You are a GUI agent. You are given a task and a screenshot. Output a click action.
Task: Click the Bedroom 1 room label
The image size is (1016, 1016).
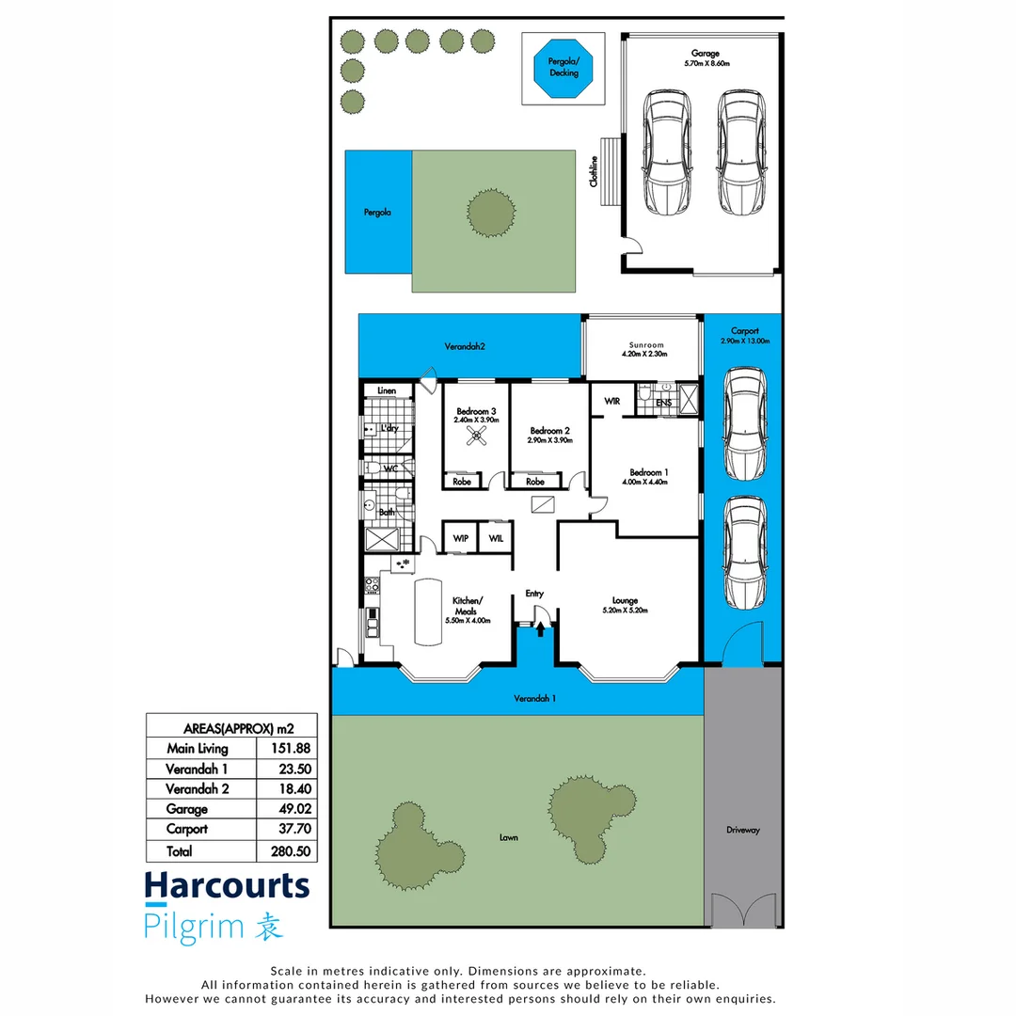click(649, 471)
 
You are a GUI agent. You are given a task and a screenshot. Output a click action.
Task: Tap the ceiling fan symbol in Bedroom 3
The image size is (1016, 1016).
click(478, 435)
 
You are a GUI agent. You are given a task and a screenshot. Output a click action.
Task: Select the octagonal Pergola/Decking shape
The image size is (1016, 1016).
click(563, 67)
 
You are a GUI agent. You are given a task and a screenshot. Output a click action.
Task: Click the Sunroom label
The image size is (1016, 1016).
click(643, 344)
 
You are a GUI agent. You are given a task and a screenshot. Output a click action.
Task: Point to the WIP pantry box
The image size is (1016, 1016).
click(461, 538)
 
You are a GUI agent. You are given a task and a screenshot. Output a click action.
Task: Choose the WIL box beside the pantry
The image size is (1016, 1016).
click(496, 538)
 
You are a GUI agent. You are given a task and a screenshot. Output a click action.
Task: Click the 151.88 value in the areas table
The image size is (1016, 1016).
click(291, 749)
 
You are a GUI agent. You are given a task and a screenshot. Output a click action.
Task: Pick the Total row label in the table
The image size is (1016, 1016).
click(179, 851)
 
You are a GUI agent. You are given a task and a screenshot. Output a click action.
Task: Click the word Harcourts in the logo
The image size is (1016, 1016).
click(226, 885)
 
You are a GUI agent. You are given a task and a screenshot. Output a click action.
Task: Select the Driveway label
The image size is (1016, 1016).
click(742, 830)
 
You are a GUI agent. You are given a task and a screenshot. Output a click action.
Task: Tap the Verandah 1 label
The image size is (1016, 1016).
click(533, 699)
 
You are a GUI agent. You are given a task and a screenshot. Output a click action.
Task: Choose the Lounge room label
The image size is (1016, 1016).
click(625, 600)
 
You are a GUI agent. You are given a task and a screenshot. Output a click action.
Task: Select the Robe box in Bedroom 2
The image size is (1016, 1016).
click(535, 482)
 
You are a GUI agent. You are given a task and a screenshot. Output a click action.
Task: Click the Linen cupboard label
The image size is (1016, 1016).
click(387, 390)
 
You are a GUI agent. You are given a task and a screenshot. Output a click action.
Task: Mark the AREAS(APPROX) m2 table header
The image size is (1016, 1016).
click(230, 727)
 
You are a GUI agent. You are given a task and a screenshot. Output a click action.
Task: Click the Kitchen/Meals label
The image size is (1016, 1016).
click(468, 605)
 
